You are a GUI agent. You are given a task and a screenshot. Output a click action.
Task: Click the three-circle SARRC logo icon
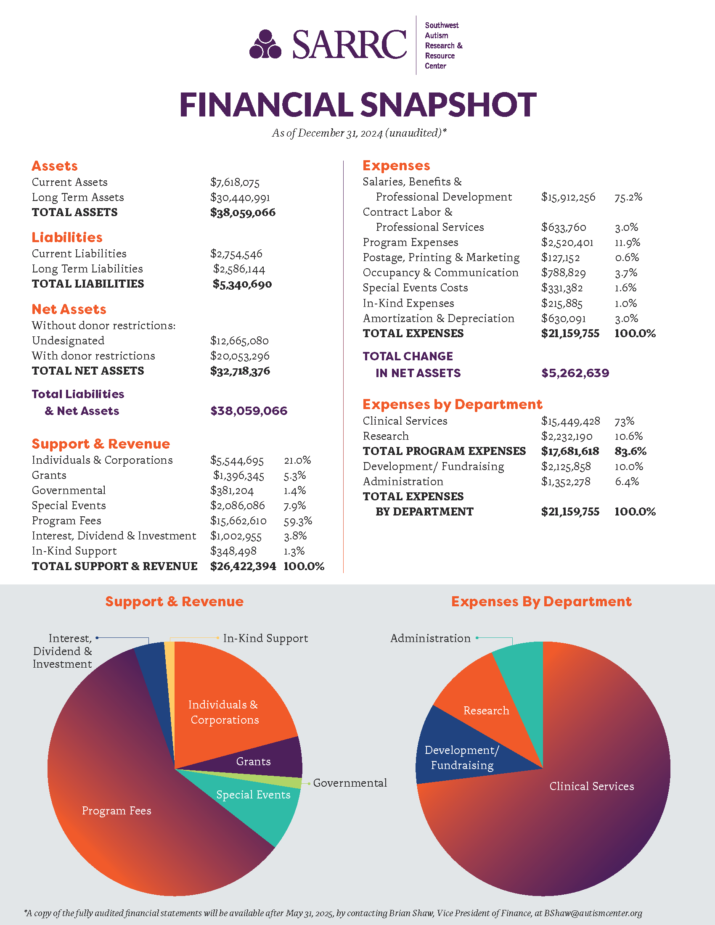pos(265,45)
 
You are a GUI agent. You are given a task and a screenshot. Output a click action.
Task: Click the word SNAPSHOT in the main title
pos(448,105)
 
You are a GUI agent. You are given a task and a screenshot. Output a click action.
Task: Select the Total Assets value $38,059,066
pos(243,212)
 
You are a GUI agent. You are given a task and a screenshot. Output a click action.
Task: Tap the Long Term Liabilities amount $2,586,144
pos(239,269)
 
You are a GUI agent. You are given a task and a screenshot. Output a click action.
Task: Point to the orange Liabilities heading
pos(67,237)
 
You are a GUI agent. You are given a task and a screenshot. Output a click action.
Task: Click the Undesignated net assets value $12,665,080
pos(239,341)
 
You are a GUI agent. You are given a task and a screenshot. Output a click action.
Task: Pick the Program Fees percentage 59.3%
pos(298,521)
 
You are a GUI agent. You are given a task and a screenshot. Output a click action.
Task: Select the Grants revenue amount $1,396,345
pos(238,476)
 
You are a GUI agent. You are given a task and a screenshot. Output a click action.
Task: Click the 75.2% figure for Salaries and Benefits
pos(628,197)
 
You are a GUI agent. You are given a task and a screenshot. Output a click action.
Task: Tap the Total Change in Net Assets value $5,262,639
pos(575,373)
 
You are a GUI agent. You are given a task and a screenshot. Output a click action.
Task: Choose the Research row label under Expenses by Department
pos(385,436)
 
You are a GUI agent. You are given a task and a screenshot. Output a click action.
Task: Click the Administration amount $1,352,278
pos(565,481)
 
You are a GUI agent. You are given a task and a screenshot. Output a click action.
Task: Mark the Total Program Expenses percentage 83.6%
pos(630,451)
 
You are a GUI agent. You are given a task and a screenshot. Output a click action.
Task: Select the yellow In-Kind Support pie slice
pos(169,661)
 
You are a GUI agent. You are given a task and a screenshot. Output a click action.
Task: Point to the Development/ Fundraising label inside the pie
pos(462,758)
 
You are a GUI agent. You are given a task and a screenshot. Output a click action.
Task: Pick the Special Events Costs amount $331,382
pos(561,288)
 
